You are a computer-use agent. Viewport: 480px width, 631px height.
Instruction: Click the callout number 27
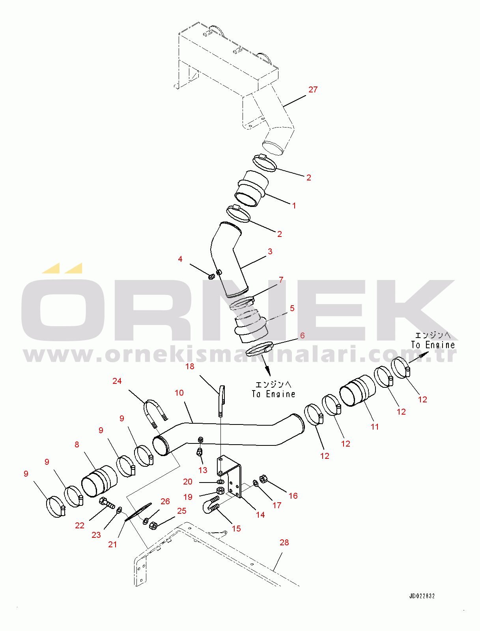tap(313, 90)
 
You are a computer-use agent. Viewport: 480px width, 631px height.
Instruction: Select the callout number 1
tap(294, 206)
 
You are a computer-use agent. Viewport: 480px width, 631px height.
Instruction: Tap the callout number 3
tap(270, 252)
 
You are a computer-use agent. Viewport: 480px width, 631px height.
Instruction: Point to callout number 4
tap(180, 259)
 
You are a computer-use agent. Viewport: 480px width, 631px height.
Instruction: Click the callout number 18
tap(190, 366)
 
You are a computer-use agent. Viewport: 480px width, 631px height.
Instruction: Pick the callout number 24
tap(117, 381)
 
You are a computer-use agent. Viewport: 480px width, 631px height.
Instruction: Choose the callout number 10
tap(179, 393)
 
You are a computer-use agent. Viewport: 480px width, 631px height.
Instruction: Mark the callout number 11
tap(375, 427)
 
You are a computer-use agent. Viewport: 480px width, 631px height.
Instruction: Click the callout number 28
tap(284, 543)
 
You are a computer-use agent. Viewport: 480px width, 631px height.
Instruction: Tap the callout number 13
tap(203, 470)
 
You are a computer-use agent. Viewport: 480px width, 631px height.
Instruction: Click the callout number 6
tap(302, 336)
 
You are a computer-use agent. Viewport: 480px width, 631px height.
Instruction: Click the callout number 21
tap(112, 545)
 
